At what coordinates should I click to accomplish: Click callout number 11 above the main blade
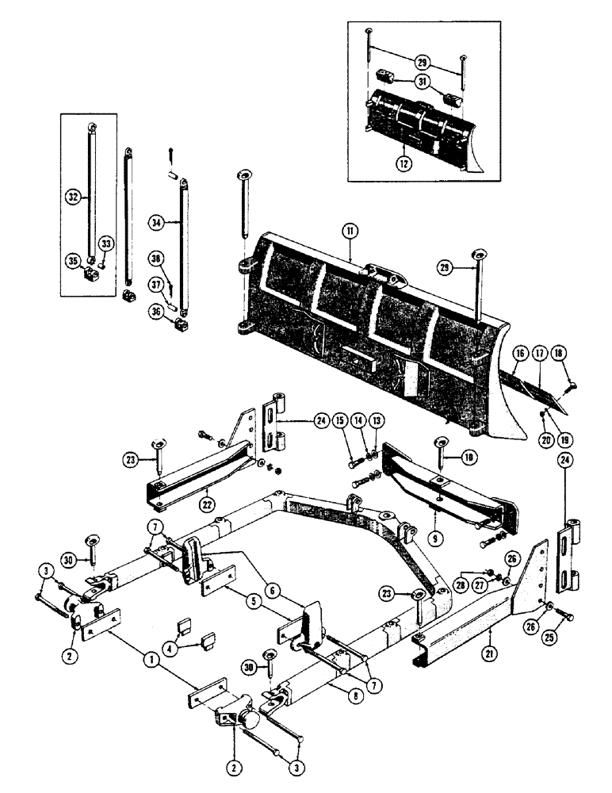[x=350, y=230]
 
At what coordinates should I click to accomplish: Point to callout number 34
[x=157, y=223]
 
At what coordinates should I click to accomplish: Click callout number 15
[x=339, y=419]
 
